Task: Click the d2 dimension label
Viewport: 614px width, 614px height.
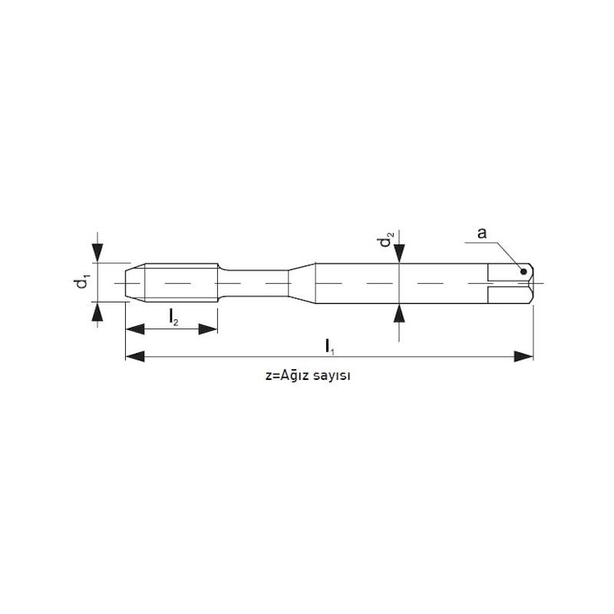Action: (386, 239)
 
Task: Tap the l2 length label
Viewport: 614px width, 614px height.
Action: (173, 317)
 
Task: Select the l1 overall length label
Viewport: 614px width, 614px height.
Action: (330, 347)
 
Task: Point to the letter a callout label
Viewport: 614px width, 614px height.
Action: (482, 233)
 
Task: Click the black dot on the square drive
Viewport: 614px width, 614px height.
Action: (523, 272)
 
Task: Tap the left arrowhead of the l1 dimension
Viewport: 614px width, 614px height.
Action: (135, 357)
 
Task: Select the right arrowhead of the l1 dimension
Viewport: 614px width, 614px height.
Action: (524, 357)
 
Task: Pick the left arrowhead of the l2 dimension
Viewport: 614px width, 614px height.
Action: (135, 329)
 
